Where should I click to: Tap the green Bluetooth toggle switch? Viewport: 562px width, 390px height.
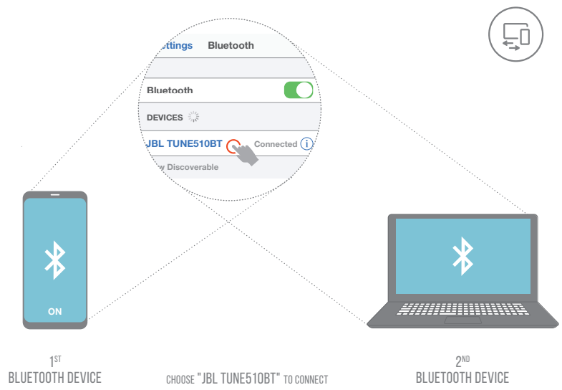point(299,90)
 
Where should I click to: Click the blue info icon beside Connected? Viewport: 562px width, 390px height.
point(307,143)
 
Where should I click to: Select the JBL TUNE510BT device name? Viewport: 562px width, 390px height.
point(185,143)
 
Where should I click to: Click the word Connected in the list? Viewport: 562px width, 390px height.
point(276,144)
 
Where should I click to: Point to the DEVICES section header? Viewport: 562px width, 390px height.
point(164,117)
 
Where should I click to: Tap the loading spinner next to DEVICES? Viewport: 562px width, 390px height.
point(193,116)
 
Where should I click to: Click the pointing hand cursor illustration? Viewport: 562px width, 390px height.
point(246,153)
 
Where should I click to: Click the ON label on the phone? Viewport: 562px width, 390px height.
point(55,311)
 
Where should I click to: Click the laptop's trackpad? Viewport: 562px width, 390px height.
point(462,320)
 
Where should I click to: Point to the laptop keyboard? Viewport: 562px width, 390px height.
point(462,309)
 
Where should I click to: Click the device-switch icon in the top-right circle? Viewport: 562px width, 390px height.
point(515,34)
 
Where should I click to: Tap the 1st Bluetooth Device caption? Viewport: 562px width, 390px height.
point(54,377)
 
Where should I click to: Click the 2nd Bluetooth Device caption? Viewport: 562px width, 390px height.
point(462,377)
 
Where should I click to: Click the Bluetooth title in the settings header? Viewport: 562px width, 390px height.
point(231,45)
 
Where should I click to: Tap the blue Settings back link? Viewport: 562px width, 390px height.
point(176,45)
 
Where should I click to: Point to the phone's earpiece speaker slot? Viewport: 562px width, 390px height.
point(55,194)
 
